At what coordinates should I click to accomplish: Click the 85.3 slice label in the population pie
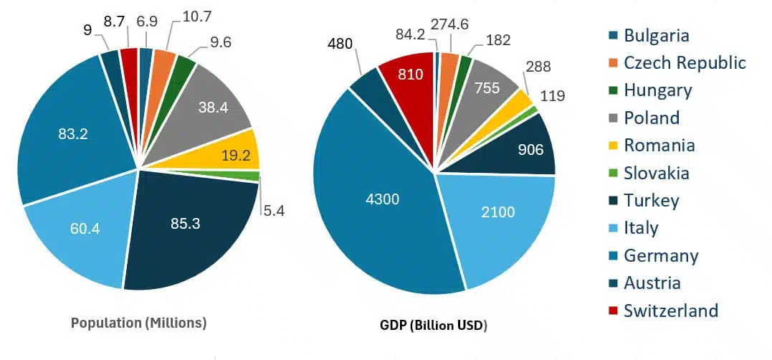pyautogui.click(x=185, y=224)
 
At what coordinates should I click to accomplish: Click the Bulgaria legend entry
pyautogui.click(x=656, y=35)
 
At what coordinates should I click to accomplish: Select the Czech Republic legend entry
pyautogui.click(x=685, y=63)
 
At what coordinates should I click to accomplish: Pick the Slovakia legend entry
pyautogui.click(x=656, y=173)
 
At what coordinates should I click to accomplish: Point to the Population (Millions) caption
pyautogui.click(x=139, y=323)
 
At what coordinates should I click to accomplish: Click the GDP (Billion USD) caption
pyautogui.click(x=433, y=325)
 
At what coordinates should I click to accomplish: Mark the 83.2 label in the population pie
pyautogui.click(x=73, y=133)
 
